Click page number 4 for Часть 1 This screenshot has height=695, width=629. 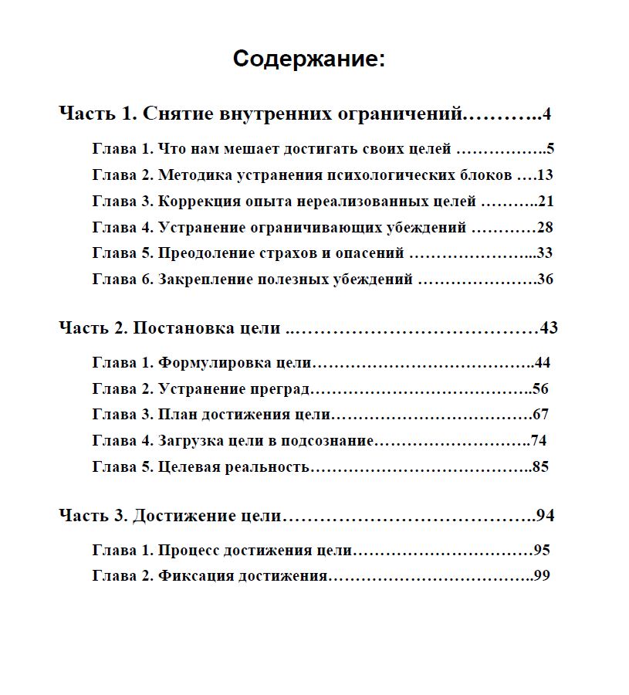[546, 114]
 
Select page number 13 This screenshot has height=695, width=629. [545, 175]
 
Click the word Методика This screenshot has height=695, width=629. [192, 175]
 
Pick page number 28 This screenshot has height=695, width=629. [545, 227]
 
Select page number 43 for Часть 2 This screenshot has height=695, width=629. [549, 327]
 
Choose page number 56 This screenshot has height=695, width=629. [540, 388]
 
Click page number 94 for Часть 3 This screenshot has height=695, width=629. [546, 515]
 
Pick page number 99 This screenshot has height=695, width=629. [541, 576]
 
